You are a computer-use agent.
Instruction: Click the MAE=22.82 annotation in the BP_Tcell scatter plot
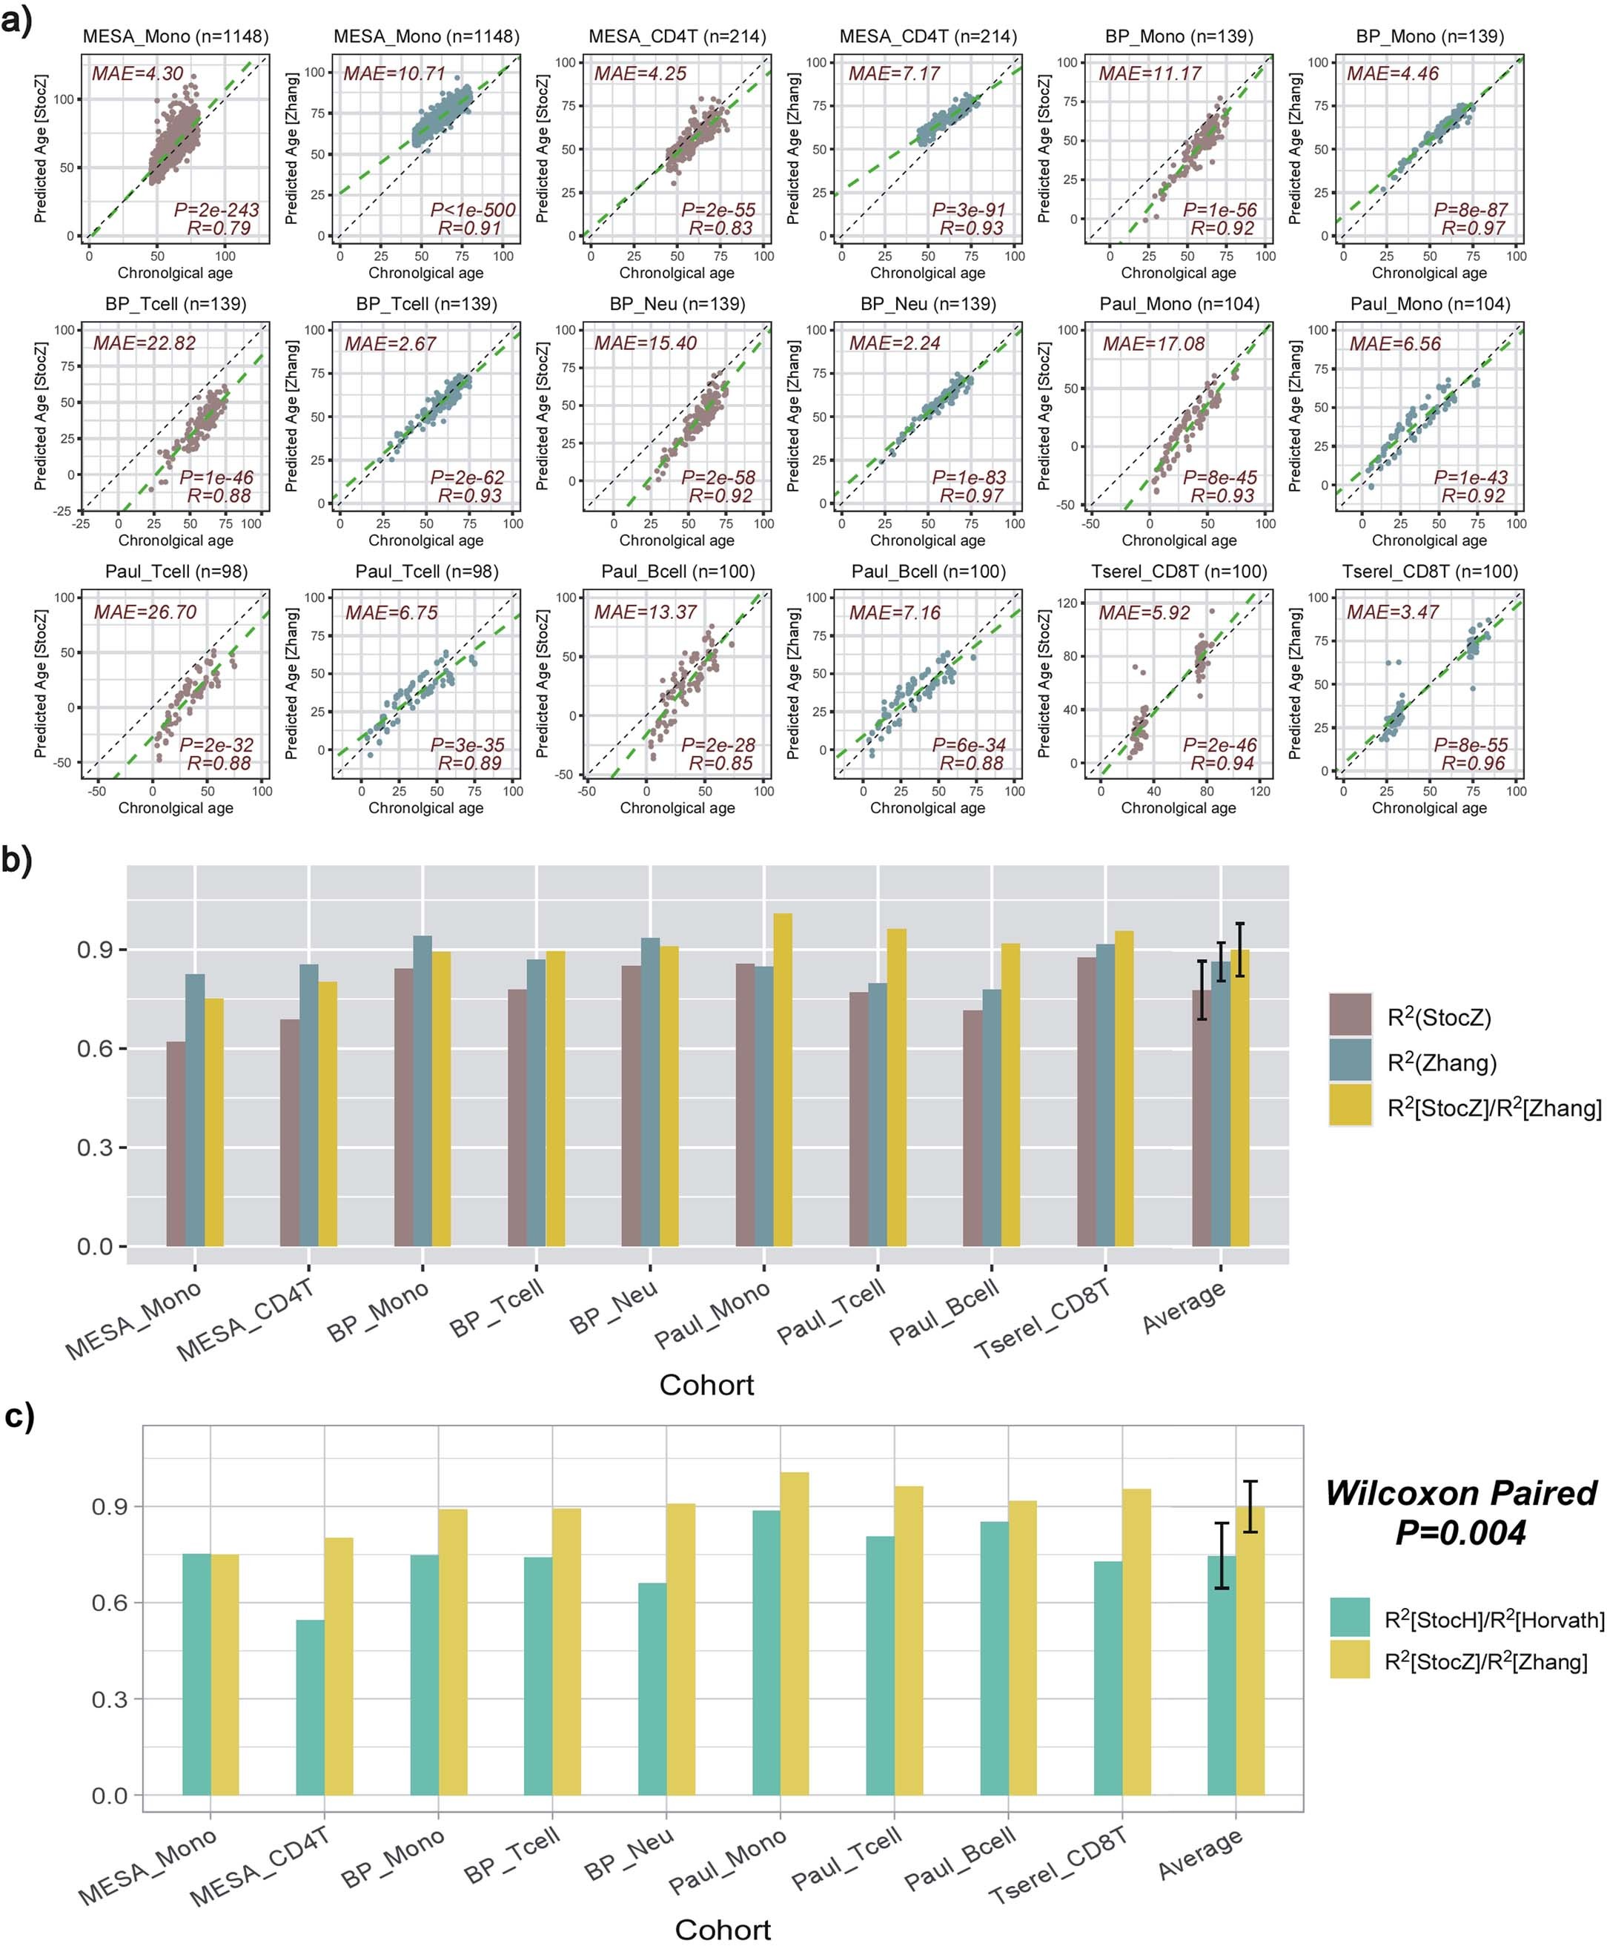pyautogui.click(x=145, y=343)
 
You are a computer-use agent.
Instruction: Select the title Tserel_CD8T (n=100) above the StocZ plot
pyautogui.click(x=1178, y=572)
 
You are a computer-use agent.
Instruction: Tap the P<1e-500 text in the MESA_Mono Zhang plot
pyautogui.click(x=472, y=210)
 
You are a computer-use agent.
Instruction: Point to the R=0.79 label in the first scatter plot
pyautogui.click(x=223, y=228)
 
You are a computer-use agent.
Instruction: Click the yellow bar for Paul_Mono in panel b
pyautogui.click(x=782, y=1079)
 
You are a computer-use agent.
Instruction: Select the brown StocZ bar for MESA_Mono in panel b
pyautogui.click(x=176, y=1143)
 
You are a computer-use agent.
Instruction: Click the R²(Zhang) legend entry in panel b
pyautogui.click(x=1440, y=1062)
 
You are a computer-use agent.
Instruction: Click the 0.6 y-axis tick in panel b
pyautogui.click(x=96, y=1049)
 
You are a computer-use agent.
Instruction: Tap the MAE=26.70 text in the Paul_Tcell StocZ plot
pyautogui.click(x=145, y=612)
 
